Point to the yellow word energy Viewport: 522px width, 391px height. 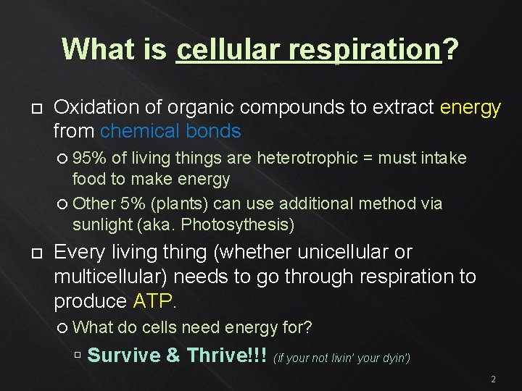click(471, 108)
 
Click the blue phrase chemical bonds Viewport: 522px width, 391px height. click(170, 131)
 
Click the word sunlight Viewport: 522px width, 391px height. click(102, 224)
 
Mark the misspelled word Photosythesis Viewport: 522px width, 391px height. click(237, 224)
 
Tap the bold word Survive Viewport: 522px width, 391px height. click(124, 356)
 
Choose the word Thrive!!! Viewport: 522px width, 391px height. click(227, 356)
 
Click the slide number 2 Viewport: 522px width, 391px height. click(493, 379)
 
